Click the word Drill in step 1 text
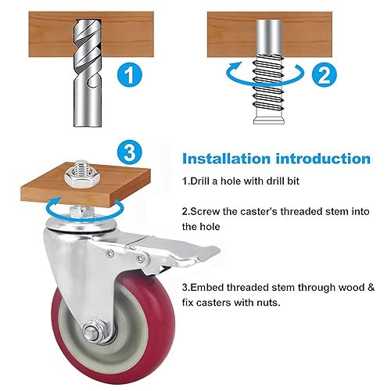202,181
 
